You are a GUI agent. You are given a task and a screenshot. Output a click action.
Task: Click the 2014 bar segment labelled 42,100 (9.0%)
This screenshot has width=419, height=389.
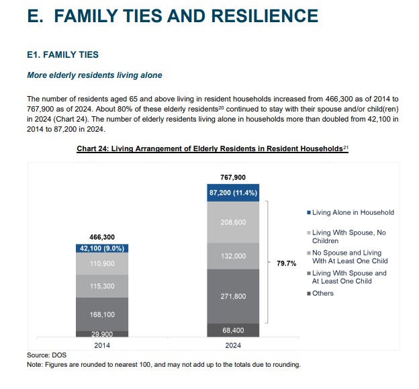click(x=102, y=247)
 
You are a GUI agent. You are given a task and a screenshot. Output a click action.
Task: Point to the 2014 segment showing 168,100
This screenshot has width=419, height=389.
click(x=102, y=314)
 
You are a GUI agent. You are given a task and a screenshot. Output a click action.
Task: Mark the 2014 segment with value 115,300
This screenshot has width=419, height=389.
click(x=102, y=286)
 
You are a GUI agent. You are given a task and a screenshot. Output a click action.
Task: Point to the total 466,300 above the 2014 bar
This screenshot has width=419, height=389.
click(x=102, y=236)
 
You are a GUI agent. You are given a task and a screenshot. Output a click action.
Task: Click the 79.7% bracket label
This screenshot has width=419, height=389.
click(x=287, y=263)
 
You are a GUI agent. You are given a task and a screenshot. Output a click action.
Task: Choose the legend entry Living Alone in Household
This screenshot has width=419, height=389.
click(x=353, y=212)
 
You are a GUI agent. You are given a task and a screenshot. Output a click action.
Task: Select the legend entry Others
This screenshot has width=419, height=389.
click(x=322, y=293)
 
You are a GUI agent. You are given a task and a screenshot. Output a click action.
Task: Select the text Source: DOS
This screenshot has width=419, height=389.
click(x=47, y=355)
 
